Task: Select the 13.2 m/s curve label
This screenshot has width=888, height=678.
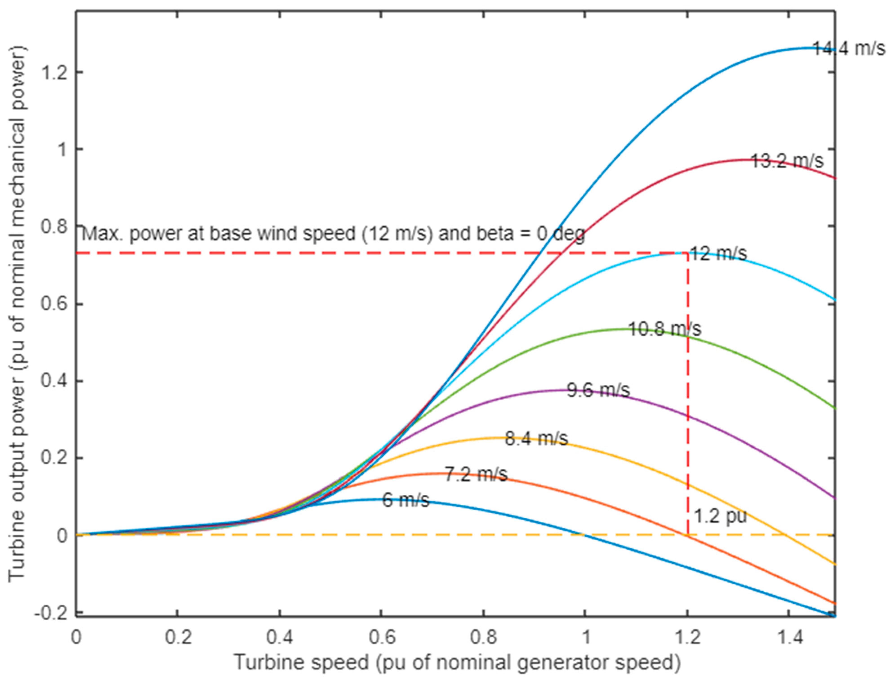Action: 787,161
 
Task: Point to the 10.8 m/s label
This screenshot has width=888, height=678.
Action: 665,329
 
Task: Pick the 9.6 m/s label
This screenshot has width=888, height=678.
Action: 598,390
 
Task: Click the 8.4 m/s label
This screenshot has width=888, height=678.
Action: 536,439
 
